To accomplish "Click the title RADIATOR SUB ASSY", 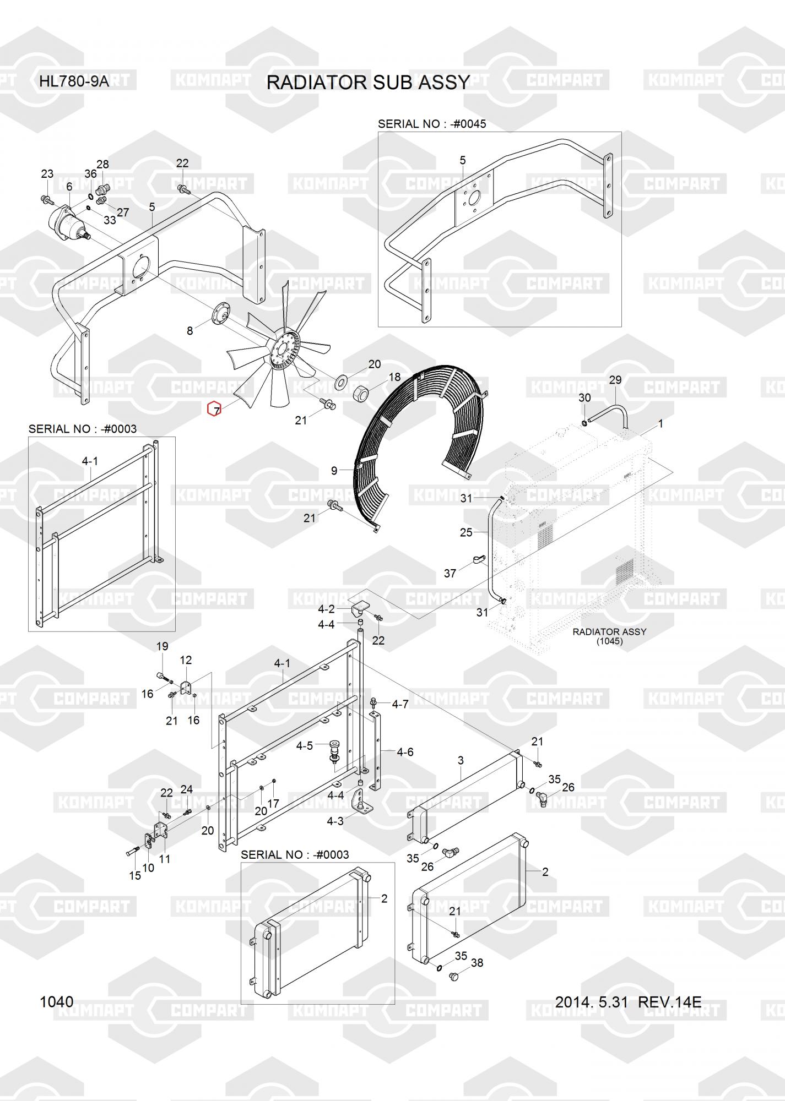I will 368,82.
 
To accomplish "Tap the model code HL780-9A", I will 74,82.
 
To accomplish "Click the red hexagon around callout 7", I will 214,410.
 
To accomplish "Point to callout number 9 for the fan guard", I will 334,471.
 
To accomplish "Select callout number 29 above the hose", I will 615,380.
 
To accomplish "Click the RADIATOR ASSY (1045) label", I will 609,636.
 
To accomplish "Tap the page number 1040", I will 56,1001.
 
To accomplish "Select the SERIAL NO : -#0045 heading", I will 432,124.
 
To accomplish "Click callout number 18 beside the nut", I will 395,377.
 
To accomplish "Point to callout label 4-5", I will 304,746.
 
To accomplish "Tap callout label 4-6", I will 405,752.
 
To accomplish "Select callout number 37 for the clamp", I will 450,573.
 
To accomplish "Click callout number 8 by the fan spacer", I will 190,331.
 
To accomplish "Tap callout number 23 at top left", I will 47,174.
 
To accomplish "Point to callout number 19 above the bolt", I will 162,646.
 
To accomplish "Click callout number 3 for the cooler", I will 461,760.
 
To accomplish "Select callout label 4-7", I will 400,704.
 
